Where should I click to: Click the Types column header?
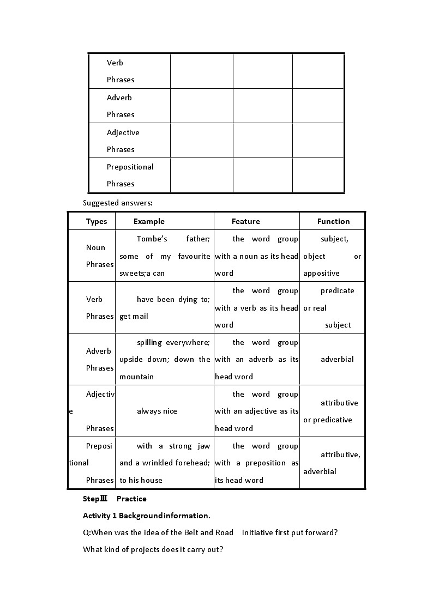97,221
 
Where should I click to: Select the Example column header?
149,221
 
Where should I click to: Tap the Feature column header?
245,221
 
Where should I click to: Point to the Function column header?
333,221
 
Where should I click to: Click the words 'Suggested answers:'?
118,203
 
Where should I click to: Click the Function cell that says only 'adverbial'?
337,359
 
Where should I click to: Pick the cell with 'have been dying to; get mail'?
164,307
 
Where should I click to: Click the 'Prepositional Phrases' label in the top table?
130,175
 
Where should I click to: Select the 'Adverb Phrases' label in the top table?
121,106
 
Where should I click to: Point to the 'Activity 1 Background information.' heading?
146,516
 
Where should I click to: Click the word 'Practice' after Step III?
131,499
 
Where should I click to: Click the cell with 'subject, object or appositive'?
332,256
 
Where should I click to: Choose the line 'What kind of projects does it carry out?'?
153,549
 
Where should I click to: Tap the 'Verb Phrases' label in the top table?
121,71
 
